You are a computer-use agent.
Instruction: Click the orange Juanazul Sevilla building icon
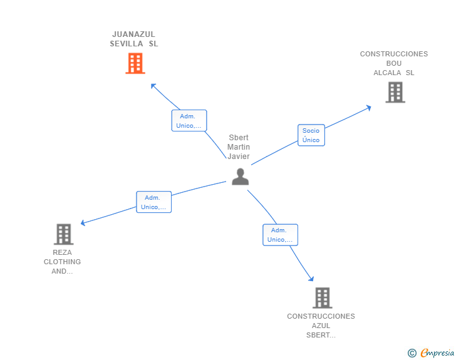135,63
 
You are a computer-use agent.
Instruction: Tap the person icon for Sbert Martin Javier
241,177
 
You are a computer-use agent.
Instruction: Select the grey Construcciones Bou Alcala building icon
395,92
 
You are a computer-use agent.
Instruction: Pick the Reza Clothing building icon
63,234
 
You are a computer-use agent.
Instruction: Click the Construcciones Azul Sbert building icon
322,298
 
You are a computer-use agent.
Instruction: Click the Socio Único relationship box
311,135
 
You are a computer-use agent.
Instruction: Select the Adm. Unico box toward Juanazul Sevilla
189,121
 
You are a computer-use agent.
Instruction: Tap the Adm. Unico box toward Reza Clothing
153,202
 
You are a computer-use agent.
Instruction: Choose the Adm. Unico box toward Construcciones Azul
280,235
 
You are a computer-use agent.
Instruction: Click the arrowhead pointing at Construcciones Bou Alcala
368,107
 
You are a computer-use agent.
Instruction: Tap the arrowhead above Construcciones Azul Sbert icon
311,279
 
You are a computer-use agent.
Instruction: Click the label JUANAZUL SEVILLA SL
134,39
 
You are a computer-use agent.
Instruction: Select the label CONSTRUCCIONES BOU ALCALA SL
394,63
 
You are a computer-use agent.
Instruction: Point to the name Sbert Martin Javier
239,147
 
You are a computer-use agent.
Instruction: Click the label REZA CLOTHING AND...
62,262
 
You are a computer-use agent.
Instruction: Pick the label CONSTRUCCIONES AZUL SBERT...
321,326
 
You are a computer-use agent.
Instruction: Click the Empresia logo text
437,353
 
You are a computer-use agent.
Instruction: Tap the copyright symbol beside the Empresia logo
412,353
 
